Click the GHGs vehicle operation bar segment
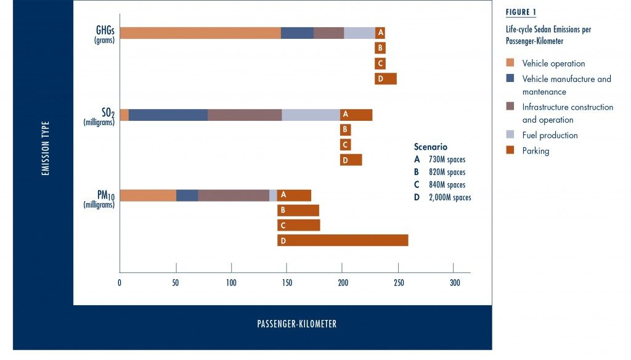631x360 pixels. pos(200,33)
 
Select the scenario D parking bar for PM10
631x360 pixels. pos(343,240)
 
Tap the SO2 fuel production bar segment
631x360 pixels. pos(311,115)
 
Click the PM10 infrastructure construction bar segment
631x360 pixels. pos(234,195)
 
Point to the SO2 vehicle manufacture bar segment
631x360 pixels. pos(168,115)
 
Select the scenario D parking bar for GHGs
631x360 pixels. pos(386,78)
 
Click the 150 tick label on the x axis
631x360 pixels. pos(287,283)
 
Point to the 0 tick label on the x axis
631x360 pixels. pos(120,283)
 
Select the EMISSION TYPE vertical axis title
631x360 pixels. pos(45,148)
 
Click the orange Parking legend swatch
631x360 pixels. pos(509,150)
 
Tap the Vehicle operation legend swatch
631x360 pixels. pos(509,62)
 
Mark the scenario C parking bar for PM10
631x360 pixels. pos(299,226)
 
